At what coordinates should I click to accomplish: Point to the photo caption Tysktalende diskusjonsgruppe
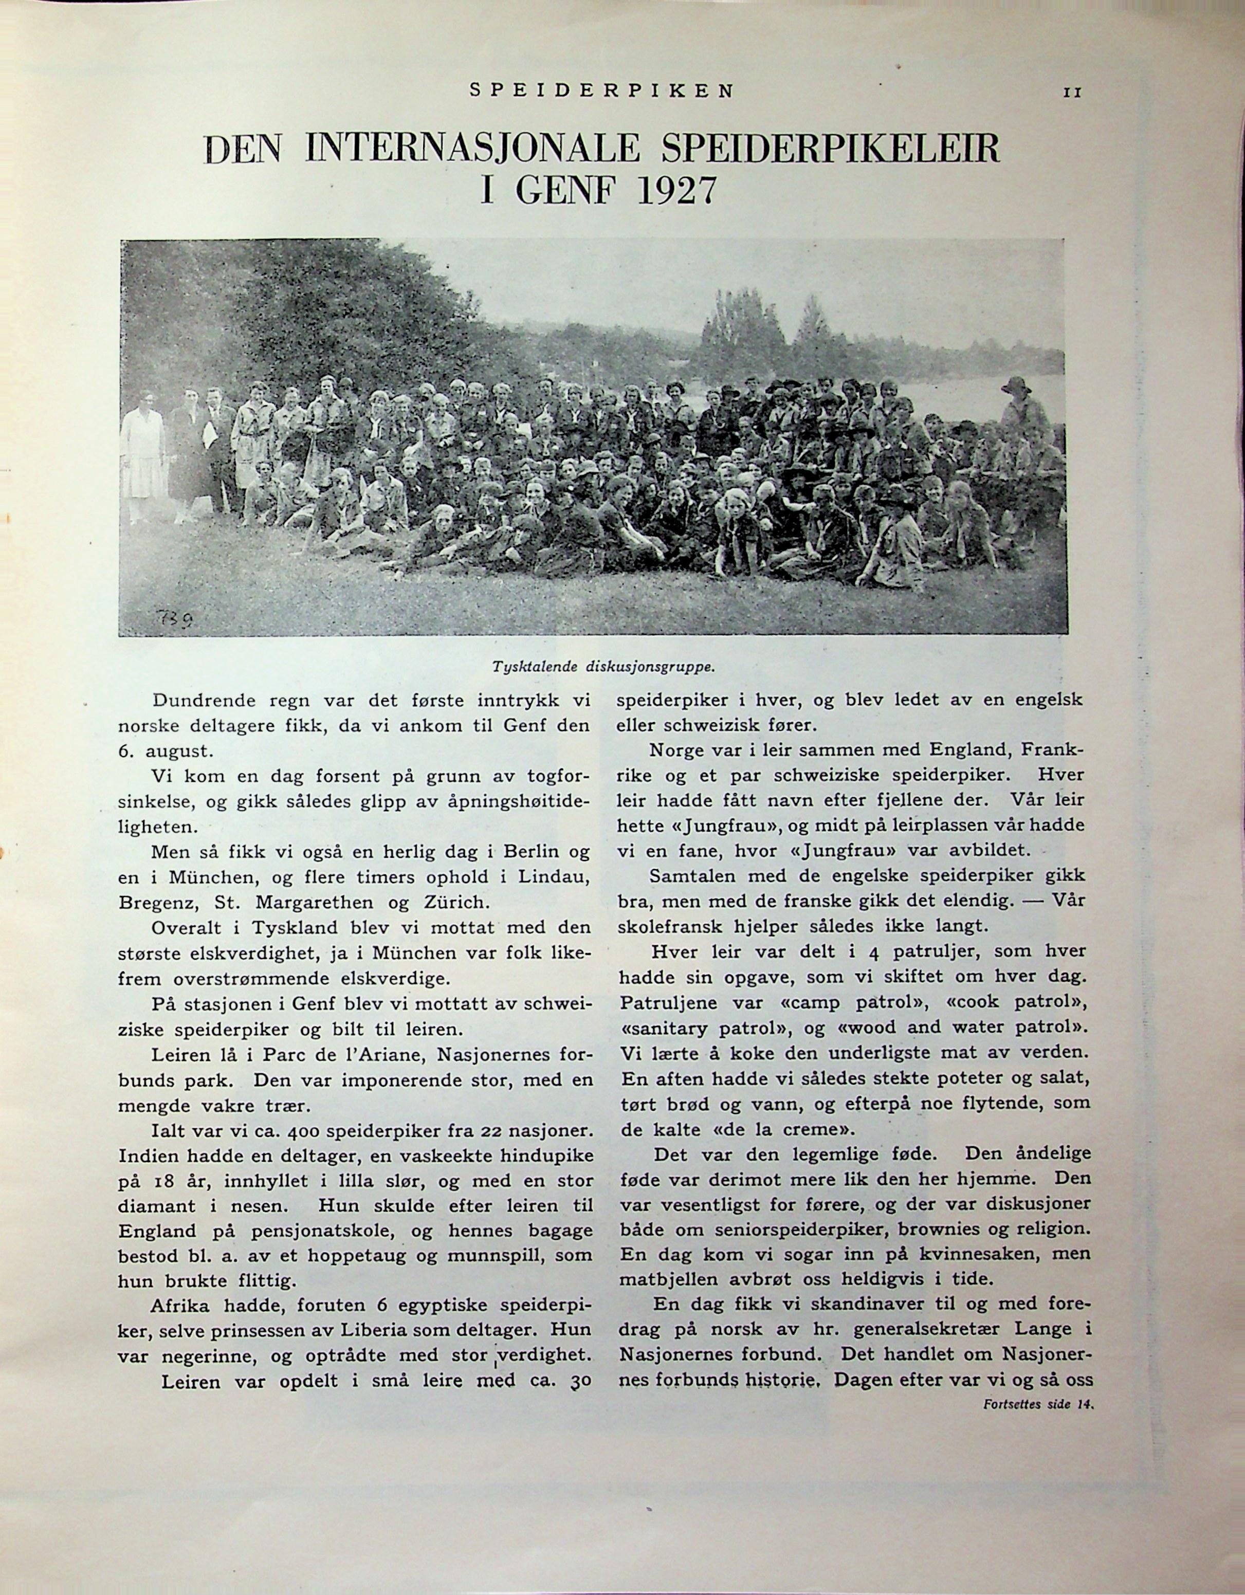pyautogui.click(x=602, y=666)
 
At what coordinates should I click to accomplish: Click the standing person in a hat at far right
pyautogui.click(x=1024, y=416)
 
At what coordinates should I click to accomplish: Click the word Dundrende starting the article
pyautogui.click(x=205, y=701)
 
